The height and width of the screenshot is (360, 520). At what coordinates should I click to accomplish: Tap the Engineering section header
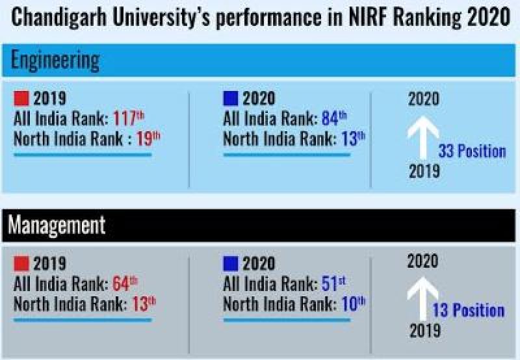(55, 60)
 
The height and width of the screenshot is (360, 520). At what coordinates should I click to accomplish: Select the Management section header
(57, 225)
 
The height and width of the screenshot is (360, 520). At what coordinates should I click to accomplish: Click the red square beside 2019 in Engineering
(21, 99)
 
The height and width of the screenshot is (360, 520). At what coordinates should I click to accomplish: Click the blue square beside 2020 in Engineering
(230, 99)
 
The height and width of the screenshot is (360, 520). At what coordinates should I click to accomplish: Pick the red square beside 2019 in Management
(21, 264)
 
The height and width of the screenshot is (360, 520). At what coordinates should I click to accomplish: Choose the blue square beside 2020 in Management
(230, 264)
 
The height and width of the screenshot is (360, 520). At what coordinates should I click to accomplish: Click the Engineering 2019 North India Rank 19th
(148, 139)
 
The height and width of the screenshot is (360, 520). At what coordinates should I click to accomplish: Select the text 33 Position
(472, 151)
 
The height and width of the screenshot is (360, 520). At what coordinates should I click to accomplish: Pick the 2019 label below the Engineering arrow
(424, 172)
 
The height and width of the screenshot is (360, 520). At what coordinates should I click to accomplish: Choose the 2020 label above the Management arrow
(422, 262)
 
